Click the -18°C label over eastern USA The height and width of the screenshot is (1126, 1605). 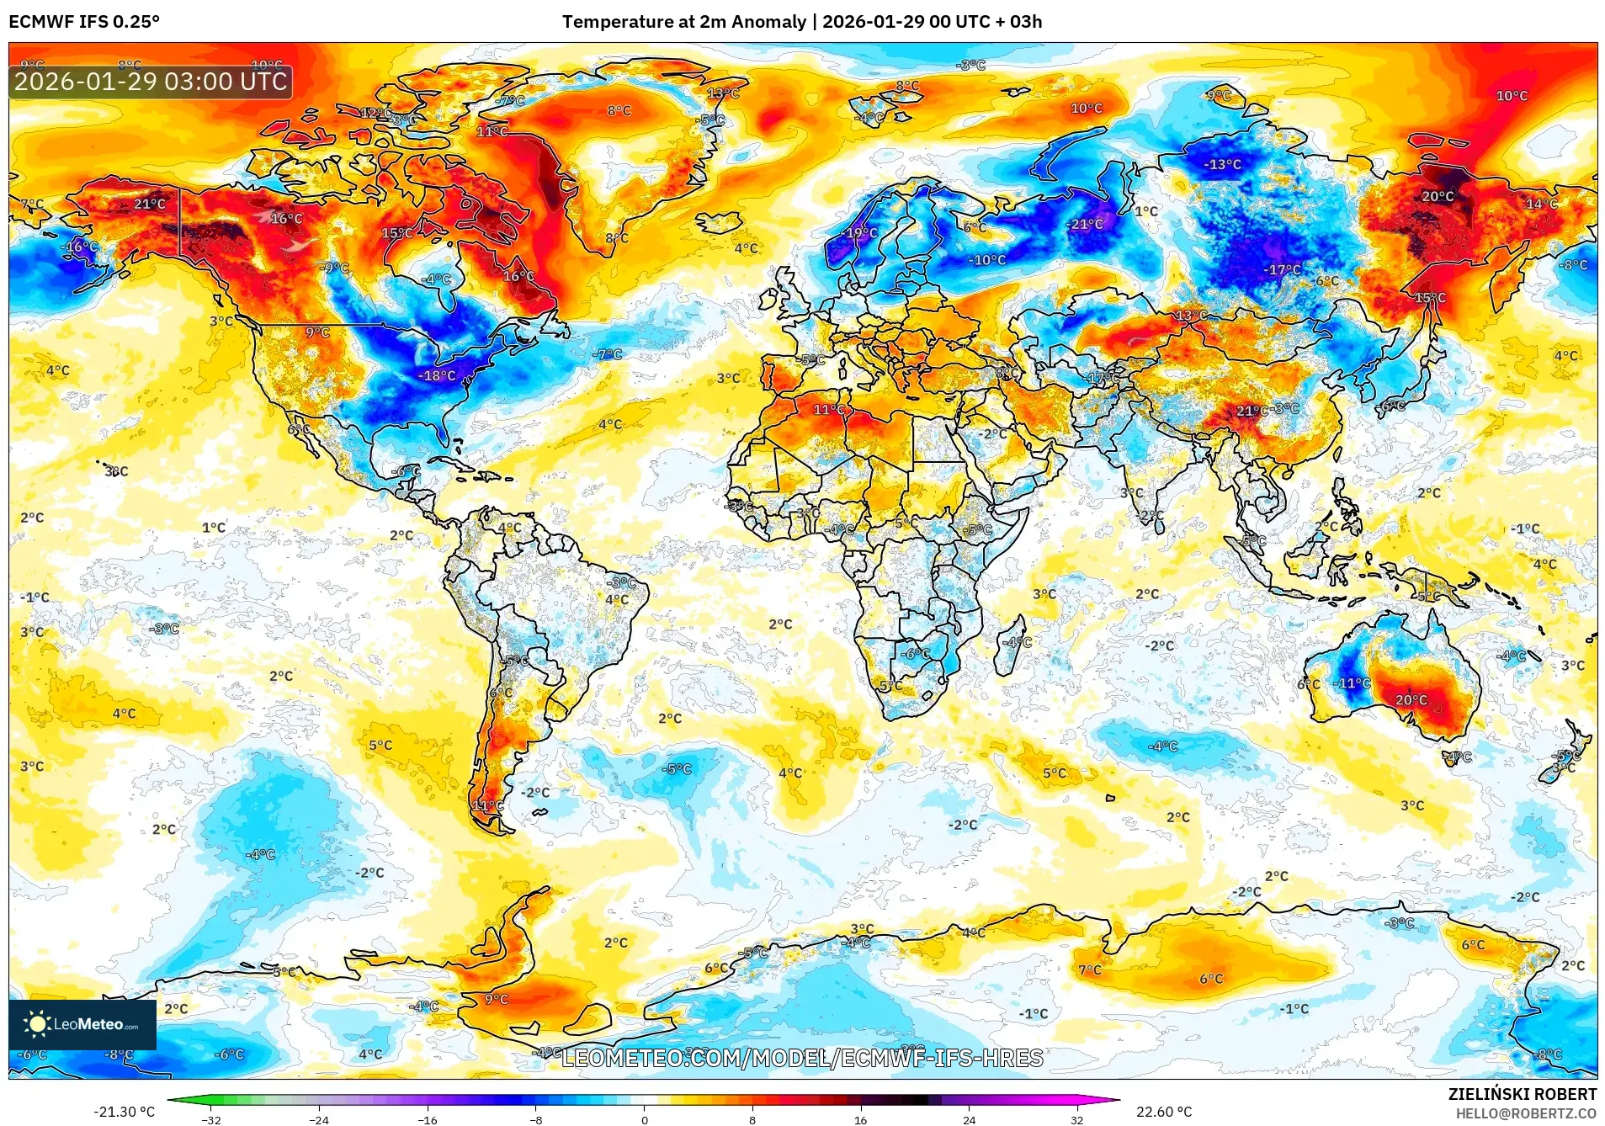point(438,375)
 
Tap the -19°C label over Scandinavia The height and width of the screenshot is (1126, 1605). point(861,233)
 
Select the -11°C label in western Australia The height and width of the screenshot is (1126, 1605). point(1354,683)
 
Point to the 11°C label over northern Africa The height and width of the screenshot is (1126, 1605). point(828,410)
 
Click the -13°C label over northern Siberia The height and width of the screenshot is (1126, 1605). point(1223,164)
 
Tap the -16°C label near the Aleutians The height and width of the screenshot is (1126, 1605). point(81,247)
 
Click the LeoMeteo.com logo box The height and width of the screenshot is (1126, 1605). point(82,1024)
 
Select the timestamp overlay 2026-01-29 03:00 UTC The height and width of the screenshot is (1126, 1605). point(151,82)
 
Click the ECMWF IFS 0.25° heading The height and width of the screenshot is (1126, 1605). point(84,22)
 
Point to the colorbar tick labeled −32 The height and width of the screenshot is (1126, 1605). point(211,1119)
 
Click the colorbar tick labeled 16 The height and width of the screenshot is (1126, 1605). point(860,1119)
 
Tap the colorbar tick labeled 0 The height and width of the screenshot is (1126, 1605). point(645,1119)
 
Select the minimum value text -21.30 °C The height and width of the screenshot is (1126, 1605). point(124,1112)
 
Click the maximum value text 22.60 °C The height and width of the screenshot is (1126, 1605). point(1164,1112)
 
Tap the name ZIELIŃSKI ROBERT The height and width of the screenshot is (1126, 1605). point(1522,1094)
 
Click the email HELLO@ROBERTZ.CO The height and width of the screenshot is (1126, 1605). point(1526,1113)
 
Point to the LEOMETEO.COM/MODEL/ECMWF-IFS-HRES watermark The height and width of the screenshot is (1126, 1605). point(802,1058)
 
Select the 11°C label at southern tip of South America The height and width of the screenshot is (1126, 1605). point(487,805)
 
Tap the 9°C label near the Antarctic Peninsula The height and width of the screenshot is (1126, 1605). point(497,999)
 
